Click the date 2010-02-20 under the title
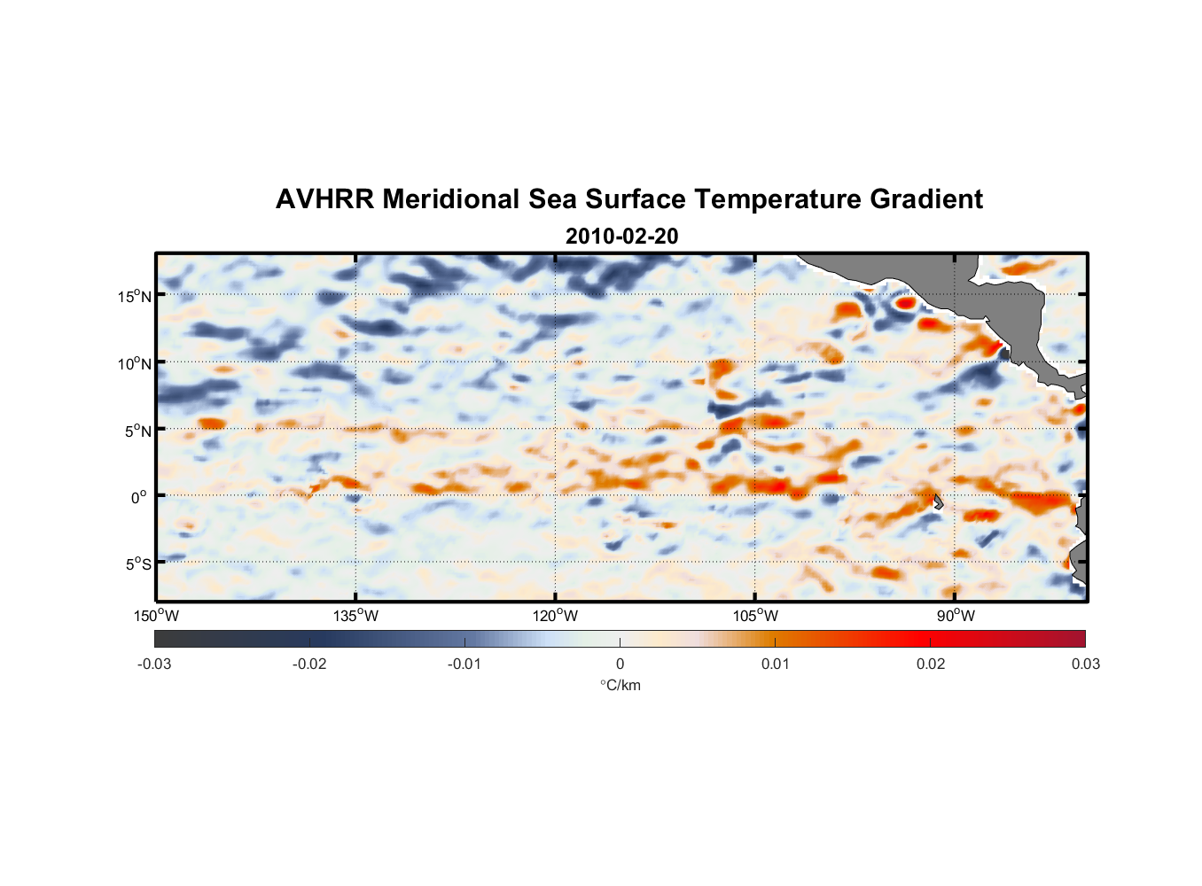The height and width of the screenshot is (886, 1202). click(x=621, y=237)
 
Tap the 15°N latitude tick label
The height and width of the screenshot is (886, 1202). click(x=134, y=296)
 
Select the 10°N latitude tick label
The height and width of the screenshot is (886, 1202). click(x=134, y=363)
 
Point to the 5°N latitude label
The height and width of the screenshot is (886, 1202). click(x=137, y=431)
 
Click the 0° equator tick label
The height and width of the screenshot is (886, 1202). click(x=139, y=497)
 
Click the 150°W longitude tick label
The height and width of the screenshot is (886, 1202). click(x=156, y=616)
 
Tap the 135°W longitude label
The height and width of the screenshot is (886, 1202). click(x=355, y=616)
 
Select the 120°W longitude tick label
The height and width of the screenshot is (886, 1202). click(x=555, y=616)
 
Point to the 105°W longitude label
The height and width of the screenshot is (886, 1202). click(x=755, y=616)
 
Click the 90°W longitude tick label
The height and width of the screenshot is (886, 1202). click(x=955, y=616)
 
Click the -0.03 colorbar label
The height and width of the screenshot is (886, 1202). click(x=154, y=664)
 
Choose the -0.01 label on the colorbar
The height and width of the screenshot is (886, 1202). click(x=464, y=664)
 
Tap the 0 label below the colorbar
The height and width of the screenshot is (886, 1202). click(x=620, y=664)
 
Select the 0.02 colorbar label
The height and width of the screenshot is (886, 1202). click(x=931, y=664)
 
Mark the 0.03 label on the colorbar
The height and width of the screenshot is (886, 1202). click(x=1085, y=664)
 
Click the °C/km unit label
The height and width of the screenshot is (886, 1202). click(x=620, y=685)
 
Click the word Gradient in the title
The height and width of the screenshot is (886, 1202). click(x=925, y=199)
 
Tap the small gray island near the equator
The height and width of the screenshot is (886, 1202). click(x=938, y=501)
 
